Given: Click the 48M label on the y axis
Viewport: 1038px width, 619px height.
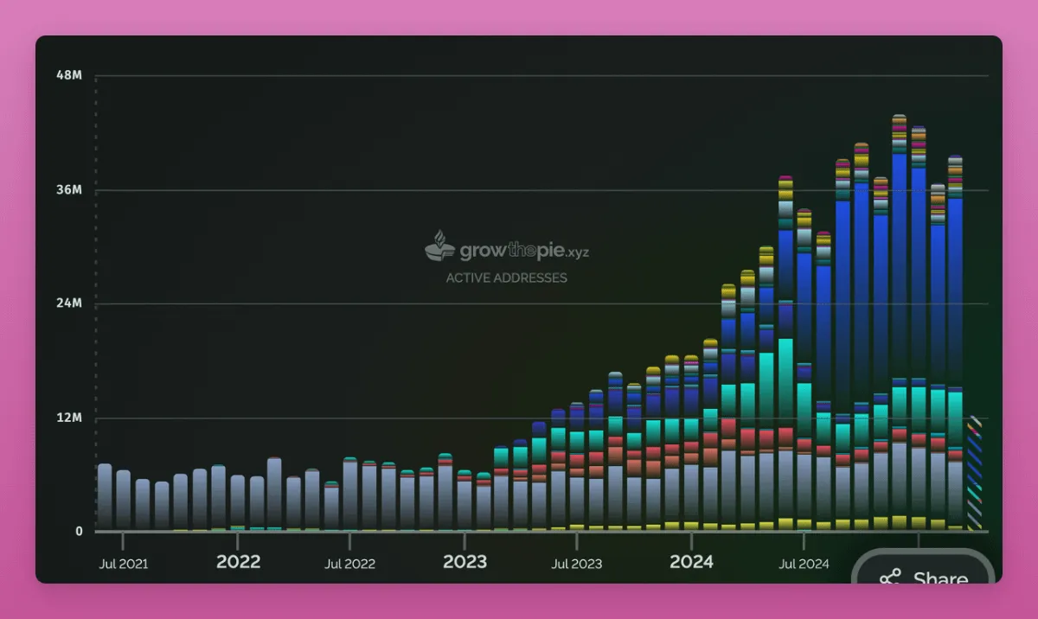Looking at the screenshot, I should click(x=69, y=75).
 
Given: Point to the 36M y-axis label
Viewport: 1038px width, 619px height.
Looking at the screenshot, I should click(x=69, y=190).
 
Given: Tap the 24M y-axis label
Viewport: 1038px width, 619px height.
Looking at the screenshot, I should click(x=69, y=303).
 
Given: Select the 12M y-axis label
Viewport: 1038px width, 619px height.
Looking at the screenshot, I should click(x=69, y=418).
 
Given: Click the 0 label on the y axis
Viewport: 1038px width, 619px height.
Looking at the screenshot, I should click(x=79, y=531).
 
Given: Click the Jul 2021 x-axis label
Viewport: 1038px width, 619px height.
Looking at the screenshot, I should click(x=124, y=564).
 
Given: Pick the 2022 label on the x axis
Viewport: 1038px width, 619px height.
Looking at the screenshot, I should click(x=238, y=562).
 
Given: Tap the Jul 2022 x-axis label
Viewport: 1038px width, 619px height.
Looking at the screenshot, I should click(x=349, y=564).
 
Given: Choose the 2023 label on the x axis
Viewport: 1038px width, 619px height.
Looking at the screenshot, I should click(x=465, y=562).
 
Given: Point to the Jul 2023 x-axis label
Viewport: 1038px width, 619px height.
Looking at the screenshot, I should click(x=576, y=564).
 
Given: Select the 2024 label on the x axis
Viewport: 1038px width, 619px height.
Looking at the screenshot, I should click(x=691, y=562).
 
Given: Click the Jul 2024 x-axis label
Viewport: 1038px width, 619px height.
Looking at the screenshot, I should click(x=804, y=564).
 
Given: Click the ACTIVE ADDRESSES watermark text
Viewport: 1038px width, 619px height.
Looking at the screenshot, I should click(x=506, y=278).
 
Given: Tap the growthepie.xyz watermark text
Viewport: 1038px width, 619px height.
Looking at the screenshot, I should click(x=523, y=252).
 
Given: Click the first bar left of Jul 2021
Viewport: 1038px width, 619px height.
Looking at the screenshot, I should click(x=105, y=497).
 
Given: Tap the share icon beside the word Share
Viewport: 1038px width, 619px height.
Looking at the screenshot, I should click(x=890, y=578).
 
